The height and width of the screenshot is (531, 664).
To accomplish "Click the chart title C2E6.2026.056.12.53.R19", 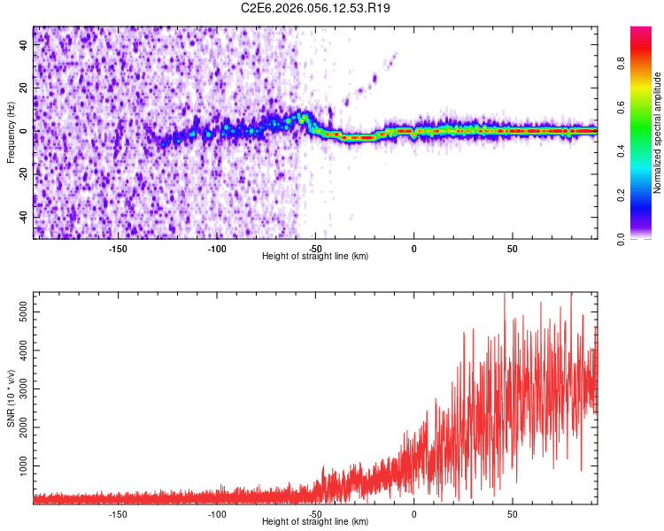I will (316, 8).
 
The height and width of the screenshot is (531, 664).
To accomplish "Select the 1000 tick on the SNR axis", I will (20, 466).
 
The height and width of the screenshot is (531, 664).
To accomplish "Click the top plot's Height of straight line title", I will (315, 257).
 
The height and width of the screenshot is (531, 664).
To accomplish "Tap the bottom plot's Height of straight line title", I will (315, 522).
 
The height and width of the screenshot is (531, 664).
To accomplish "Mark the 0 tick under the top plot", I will (413, 248).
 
